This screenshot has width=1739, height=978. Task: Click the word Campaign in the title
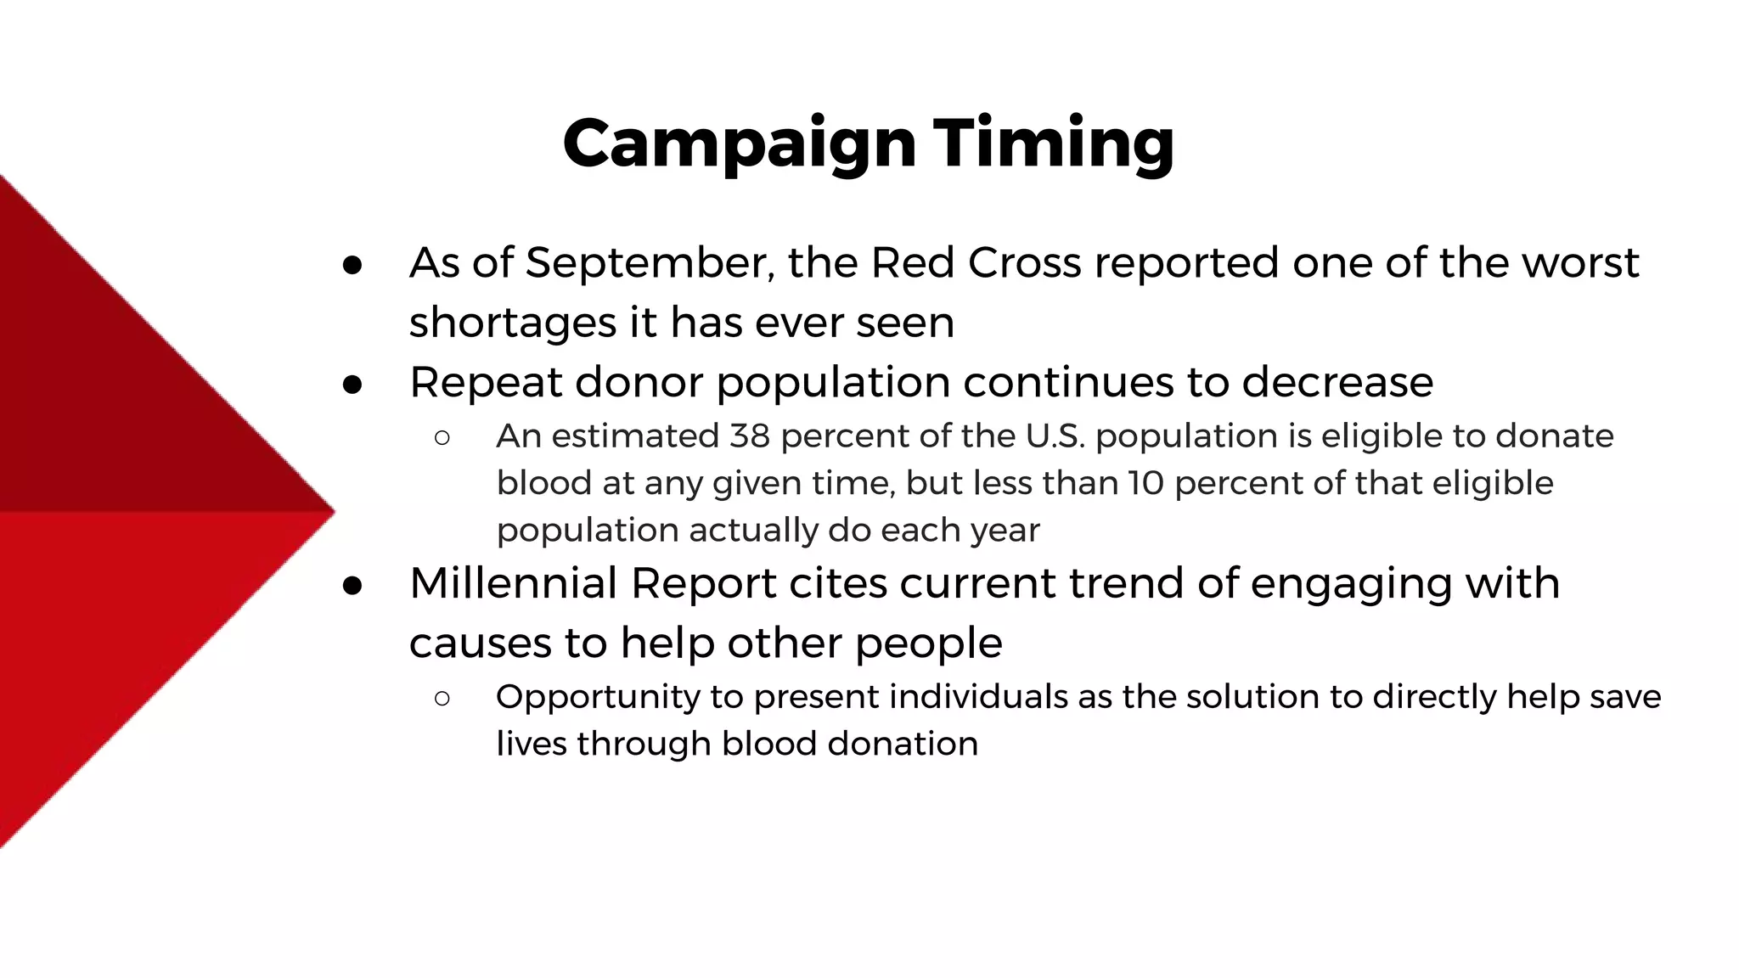click(x=739, y=144)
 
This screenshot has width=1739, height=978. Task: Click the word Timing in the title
click(x=1054, y=144)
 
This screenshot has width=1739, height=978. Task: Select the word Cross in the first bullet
click(x=1025, y=263)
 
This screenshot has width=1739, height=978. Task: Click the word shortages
click(x=513, y=323)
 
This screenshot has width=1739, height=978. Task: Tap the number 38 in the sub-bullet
click(x=750, y=436)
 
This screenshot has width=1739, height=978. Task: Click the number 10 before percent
click(x=1145, y=483)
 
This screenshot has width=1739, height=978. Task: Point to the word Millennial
click(x=513, y=583)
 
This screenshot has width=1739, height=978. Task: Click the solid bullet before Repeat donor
click(x=352, y=385)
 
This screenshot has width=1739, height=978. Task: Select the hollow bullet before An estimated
click(x=442, y=438)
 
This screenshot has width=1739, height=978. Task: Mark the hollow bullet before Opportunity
click(x=442, y=698)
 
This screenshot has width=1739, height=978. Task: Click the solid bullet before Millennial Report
click(x=352, y=586)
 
